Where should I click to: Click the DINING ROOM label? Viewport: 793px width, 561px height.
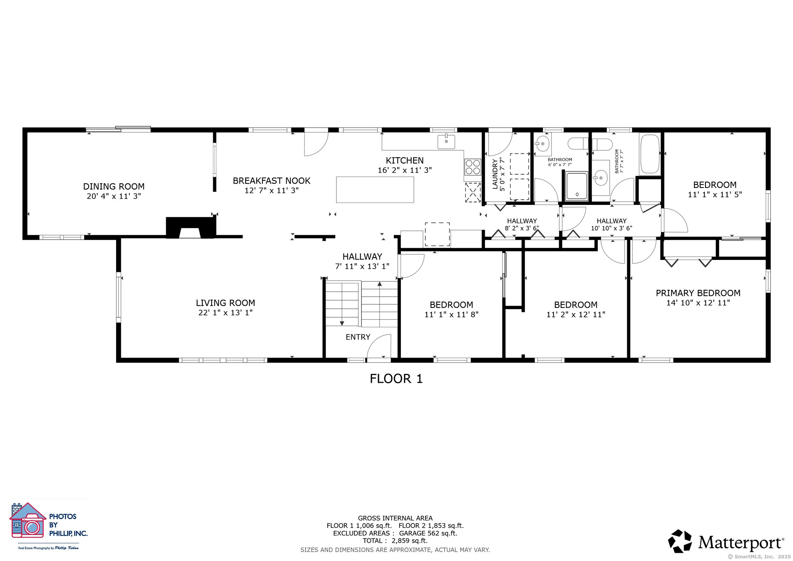114,186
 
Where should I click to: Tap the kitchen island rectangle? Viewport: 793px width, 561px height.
375,189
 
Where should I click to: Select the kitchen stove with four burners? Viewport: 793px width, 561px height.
473,167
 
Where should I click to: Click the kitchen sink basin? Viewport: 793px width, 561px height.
446,141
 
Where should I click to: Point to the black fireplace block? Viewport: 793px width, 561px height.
191,227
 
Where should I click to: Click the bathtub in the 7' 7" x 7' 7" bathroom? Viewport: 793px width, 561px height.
649,154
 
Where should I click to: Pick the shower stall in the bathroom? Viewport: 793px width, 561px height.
577,186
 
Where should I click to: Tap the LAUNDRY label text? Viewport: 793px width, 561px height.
495,174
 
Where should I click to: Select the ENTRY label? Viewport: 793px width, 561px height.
358,337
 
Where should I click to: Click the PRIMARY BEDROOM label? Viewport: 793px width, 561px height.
698,293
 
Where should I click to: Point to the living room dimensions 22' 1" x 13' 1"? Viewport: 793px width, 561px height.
225,313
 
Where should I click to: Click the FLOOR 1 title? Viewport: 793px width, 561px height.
396,379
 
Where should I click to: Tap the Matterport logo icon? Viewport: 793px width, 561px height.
680,541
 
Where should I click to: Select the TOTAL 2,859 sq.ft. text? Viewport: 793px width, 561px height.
395,541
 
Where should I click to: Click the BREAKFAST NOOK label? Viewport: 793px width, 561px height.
271,181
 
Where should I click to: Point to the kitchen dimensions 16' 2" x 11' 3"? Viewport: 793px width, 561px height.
405,170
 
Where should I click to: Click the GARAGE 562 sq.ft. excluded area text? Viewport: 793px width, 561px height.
428,533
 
